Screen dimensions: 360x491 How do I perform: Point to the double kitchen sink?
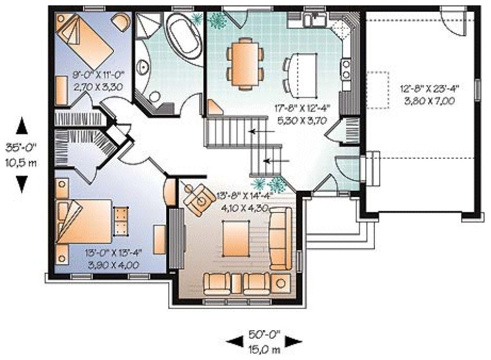pos(314,21)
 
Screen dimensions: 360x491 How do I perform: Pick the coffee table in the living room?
pos(237,239)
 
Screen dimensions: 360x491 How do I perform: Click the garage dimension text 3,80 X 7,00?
pos(428,101)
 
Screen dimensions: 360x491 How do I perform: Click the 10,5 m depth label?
pos(20,162)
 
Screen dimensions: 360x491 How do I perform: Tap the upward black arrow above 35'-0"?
pos(21,126)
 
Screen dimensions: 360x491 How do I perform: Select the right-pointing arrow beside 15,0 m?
pos(292,341)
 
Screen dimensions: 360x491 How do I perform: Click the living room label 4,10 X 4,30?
pos(244,207)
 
